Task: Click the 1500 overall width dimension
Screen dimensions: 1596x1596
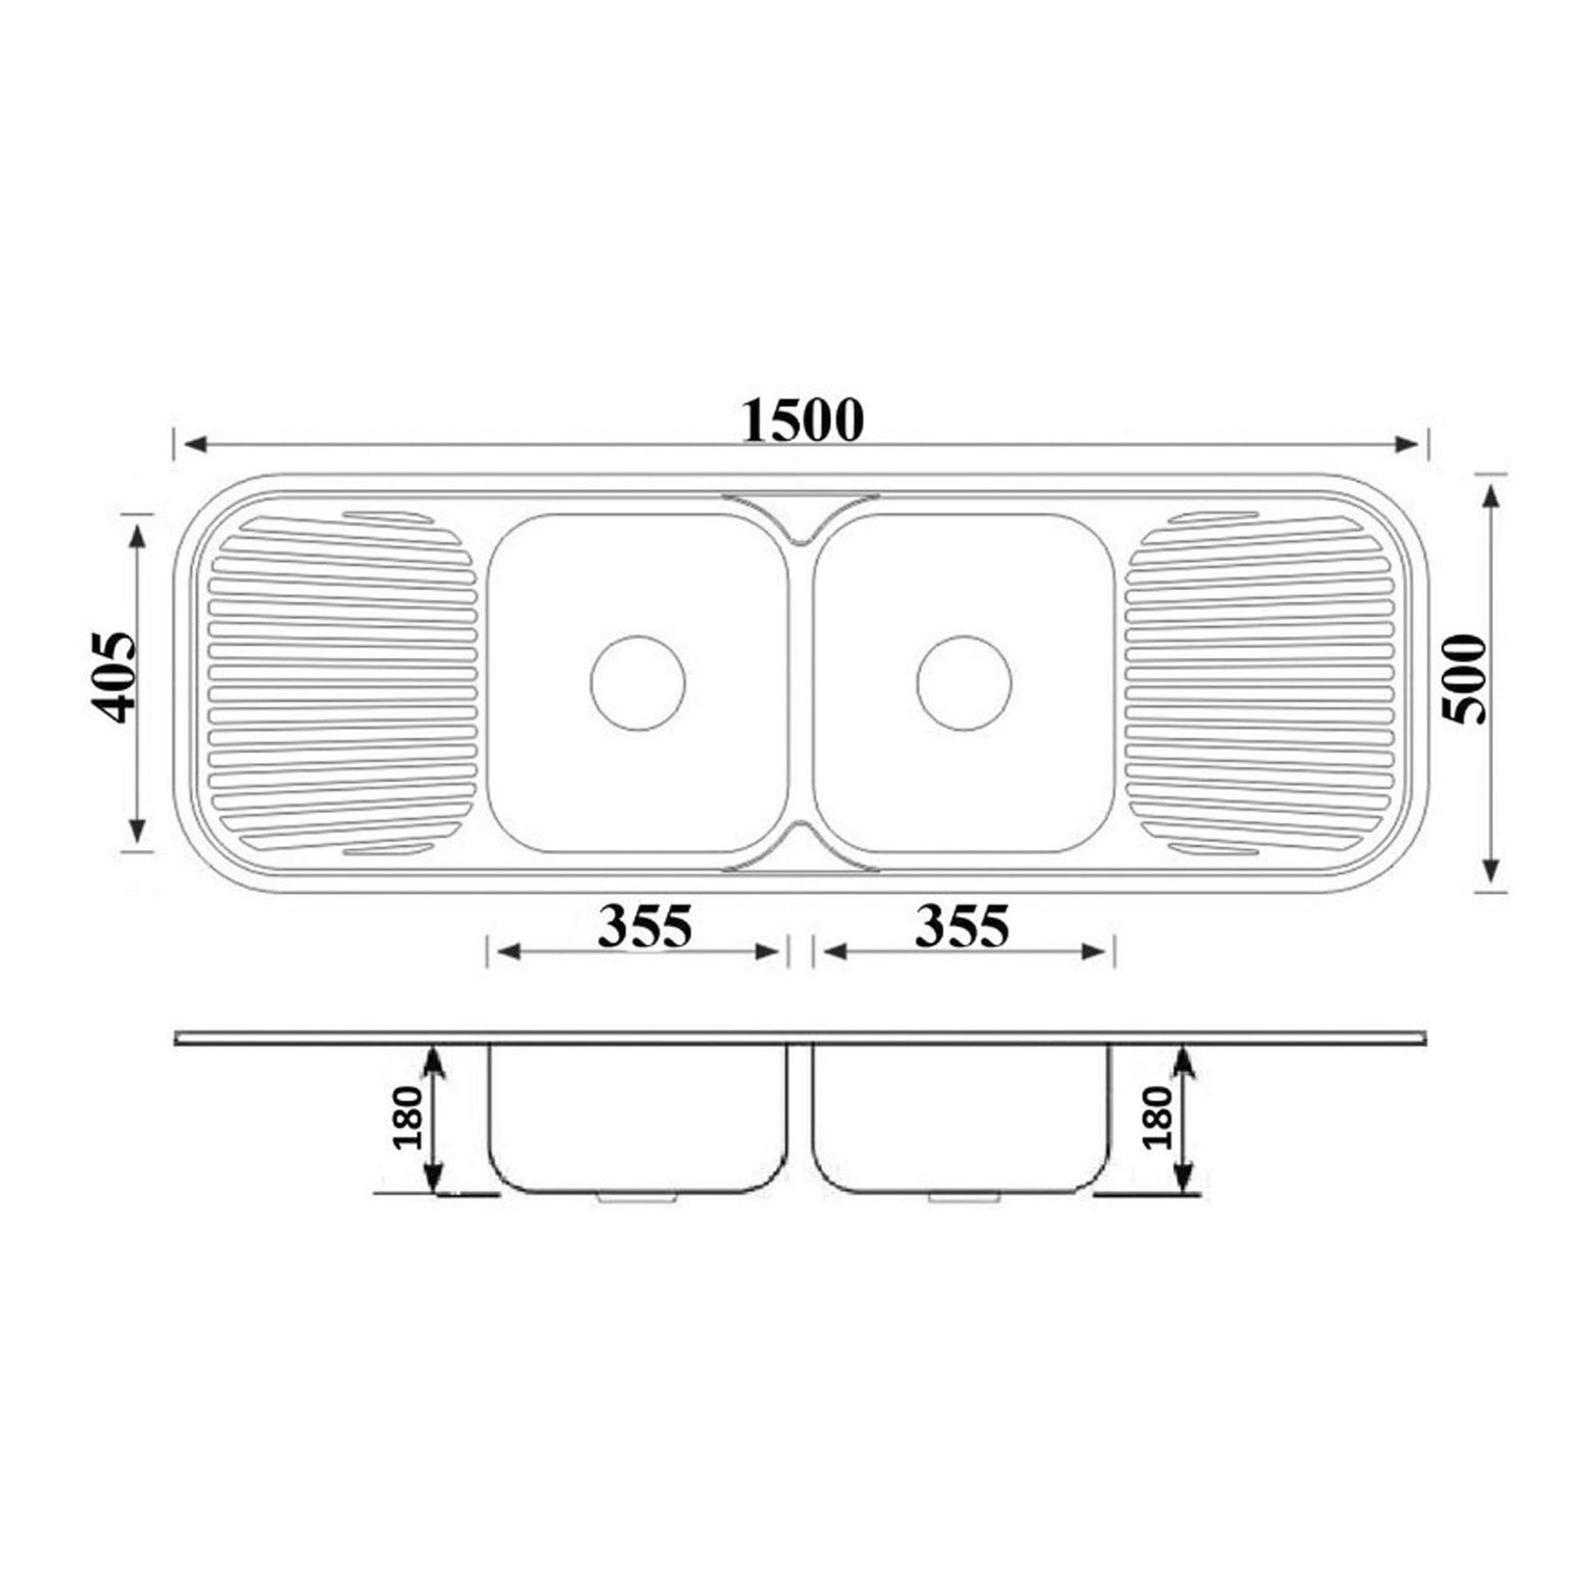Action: point(802,420)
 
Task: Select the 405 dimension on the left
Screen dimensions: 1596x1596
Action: point(113,677)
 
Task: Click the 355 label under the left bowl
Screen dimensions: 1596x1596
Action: point(645,926)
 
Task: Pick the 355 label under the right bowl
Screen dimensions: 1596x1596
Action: point(962,926)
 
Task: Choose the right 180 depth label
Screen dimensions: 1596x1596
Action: point(1158,1117)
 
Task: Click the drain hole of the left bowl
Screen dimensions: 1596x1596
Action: point(638,683)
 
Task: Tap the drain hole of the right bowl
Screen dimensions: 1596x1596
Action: point(964,683)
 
